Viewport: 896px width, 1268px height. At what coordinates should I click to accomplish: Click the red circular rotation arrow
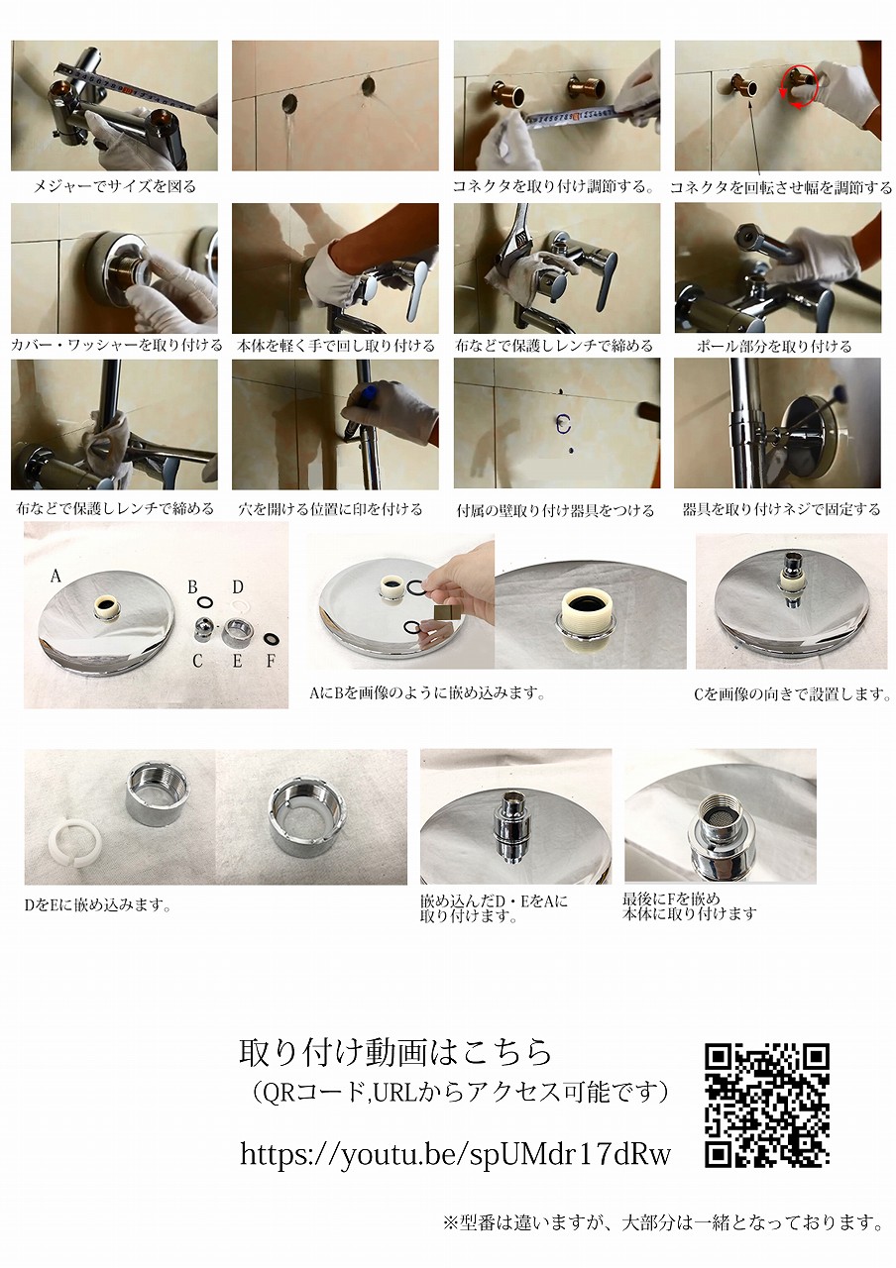(799, 85)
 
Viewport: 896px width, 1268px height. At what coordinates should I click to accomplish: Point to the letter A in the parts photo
(55, 577)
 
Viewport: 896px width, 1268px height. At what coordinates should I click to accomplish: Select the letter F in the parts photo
(271, 661)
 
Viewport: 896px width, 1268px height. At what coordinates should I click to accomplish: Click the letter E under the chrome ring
(237, 661)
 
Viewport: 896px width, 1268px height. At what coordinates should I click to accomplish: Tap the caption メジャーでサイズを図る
(114, 186)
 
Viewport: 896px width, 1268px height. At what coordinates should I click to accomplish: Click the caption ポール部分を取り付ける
(774, 346)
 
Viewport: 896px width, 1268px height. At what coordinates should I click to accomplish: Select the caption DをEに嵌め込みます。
(97, 905)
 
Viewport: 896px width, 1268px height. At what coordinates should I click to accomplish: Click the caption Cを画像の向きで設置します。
(792, 694)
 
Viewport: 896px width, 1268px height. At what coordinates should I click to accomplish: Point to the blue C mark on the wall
(562, 423)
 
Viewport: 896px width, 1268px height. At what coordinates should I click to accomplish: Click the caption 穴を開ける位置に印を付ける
(330, 509)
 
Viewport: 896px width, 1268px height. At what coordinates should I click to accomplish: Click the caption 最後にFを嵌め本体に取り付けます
(689, 905)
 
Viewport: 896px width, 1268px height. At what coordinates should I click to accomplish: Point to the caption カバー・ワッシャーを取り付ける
(117, 346)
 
